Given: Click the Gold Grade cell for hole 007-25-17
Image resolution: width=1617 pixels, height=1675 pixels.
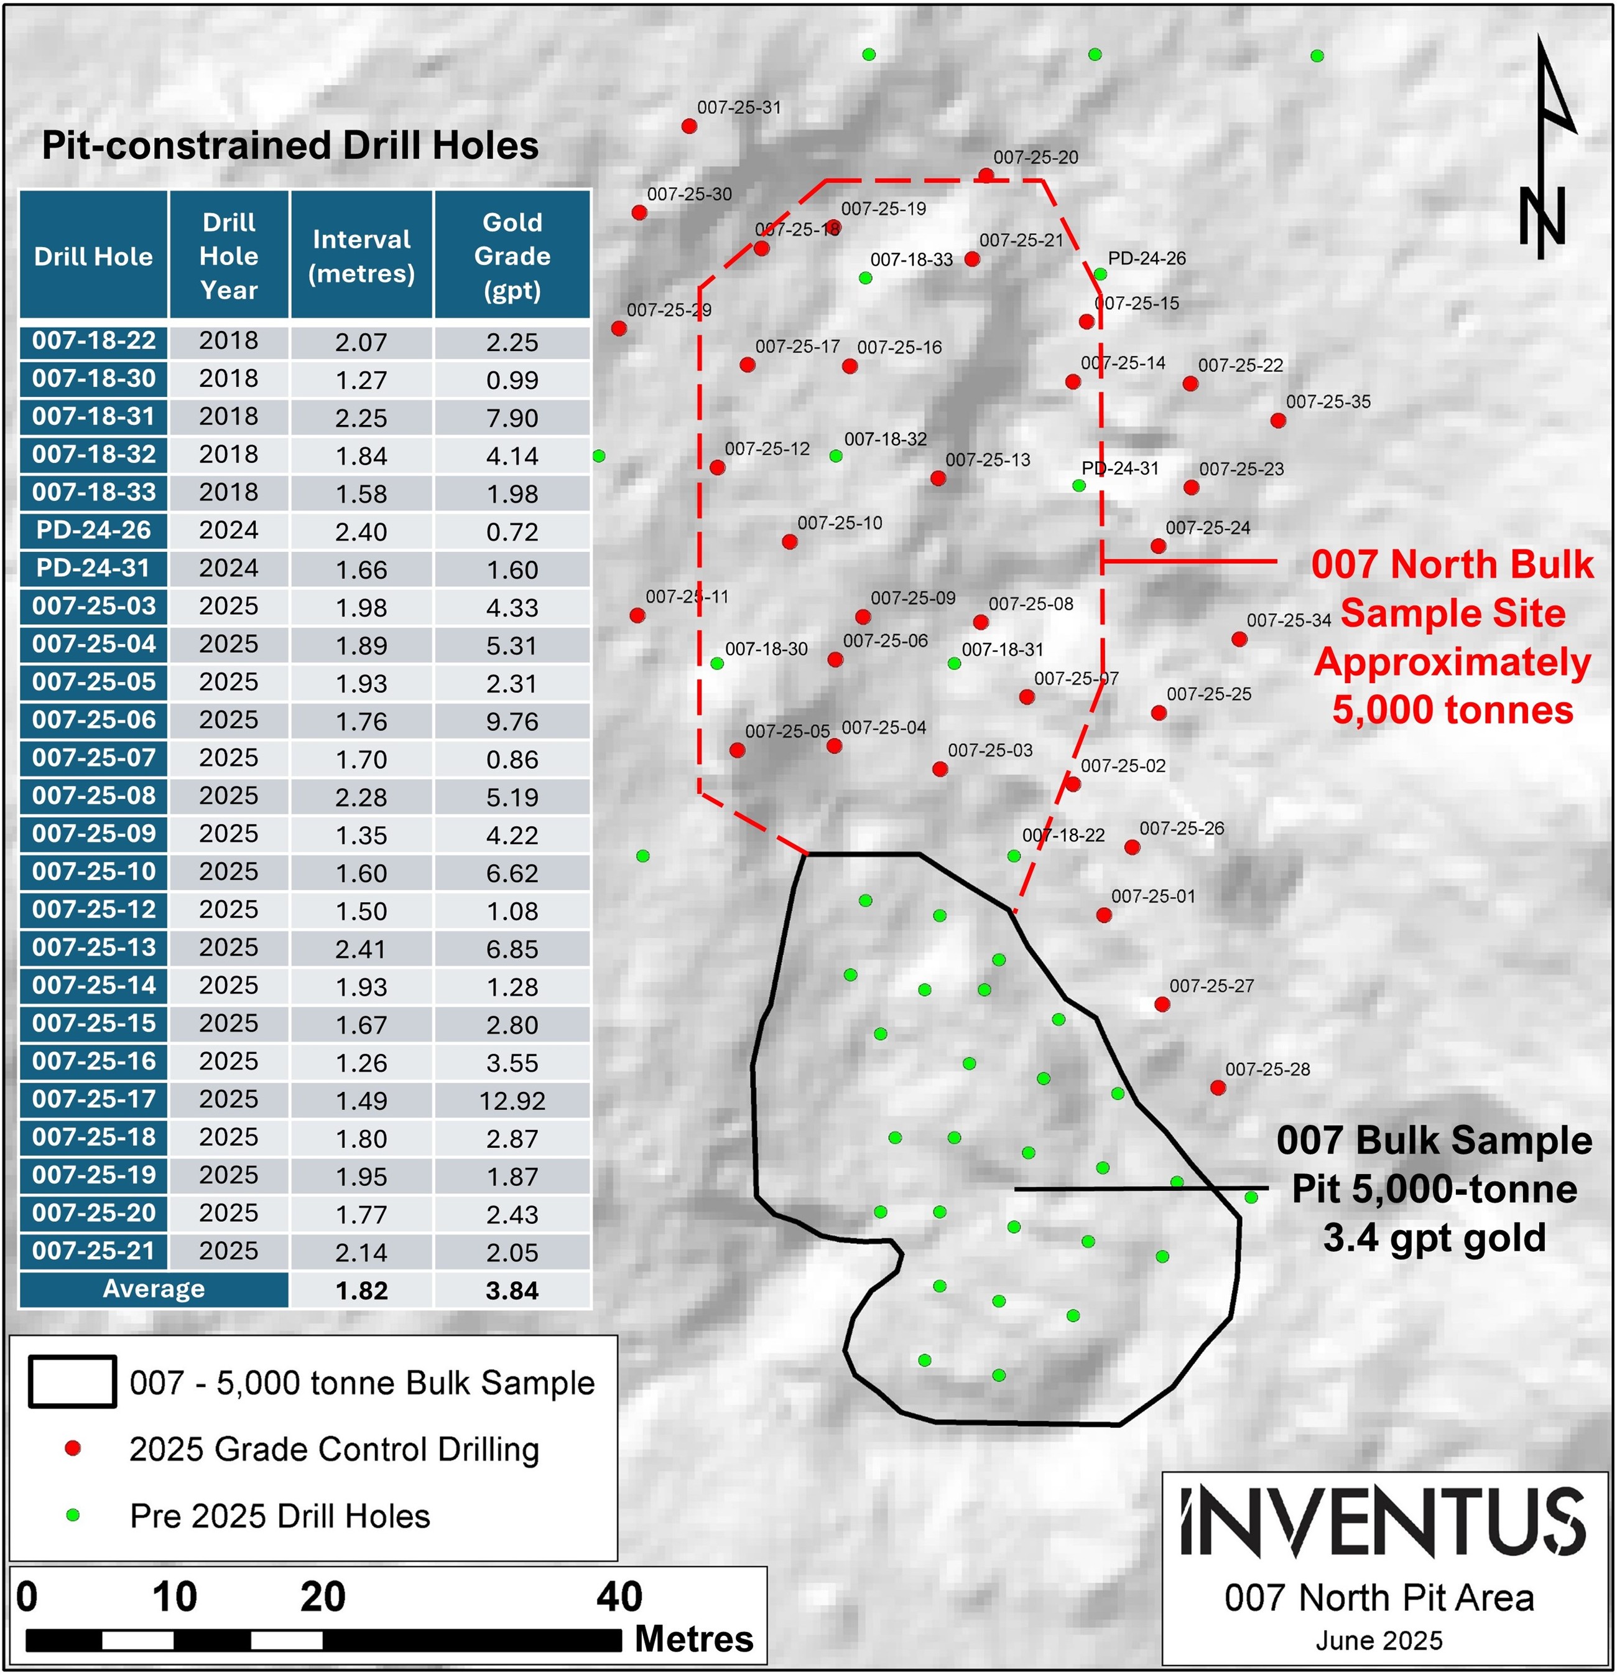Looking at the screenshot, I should coord(512,1101).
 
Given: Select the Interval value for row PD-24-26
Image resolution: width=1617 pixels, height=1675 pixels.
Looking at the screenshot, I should coord(361,531).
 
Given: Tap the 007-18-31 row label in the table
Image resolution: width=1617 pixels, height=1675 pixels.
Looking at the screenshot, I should coord(94,417).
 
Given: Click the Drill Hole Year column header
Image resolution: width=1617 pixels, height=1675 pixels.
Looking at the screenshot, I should coord(229,256).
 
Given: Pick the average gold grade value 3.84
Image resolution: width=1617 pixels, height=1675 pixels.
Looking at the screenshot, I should coord(512,1290).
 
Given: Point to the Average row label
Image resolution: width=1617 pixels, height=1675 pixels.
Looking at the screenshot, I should coord(154,1289).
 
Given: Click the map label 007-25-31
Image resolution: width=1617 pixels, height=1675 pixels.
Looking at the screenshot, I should coord(739,108).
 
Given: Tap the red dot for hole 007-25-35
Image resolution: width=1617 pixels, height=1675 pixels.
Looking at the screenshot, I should coord(1278,421).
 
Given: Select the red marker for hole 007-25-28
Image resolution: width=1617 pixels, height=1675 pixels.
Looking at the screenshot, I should coord(1218,1088).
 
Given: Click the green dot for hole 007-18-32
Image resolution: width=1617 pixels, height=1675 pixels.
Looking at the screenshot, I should coord(836,456).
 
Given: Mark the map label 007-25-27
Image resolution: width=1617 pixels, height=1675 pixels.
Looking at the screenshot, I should coord(1212,986).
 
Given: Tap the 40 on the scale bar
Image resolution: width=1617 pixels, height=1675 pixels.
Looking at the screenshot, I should coord(619,1597).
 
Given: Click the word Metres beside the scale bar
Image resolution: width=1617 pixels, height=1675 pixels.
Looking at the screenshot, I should coord(693,1639).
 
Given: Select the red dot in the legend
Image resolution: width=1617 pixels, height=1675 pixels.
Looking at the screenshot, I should coord(73,1448).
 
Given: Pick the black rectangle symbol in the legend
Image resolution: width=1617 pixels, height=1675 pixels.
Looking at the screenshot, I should coord(73,1382).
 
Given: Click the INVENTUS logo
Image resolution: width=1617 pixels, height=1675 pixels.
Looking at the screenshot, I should coord(1384,1522).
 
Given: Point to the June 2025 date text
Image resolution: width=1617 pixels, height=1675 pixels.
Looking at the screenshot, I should coord(1379,1640).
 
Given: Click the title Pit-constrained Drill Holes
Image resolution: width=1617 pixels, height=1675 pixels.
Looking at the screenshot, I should coord(290,145).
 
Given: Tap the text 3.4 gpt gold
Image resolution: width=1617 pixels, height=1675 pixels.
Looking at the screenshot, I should coord(1434,1238).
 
